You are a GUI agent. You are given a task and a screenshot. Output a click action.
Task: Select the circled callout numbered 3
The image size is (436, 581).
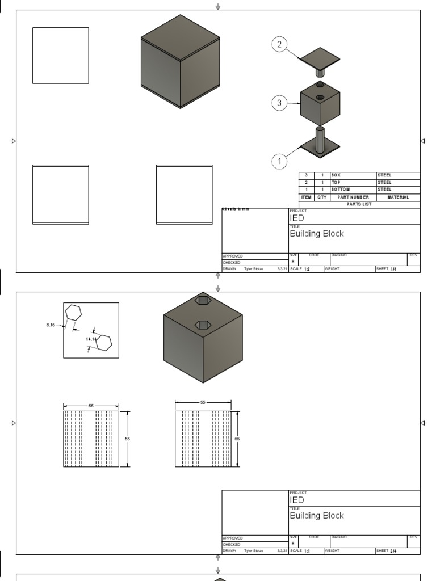(279, 103)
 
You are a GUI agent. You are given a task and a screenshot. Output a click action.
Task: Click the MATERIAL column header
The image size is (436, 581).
(397, 197)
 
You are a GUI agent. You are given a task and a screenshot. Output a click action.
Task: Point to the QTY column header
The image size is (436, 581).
(322, 197)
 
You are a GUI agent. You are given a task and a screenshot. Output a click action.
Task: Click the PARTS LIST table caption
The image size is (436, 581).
(359, 204)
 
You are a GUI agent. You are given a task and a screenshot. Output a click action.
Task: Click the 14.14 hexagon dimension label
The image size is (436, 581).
(90, 339)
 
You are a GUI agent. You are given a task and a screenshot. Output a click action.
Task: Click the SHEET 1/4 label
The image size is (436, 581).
(387, 269)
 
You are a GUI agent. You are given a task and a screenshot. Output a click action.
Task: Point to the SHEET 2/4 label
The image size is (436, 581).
(387, 551)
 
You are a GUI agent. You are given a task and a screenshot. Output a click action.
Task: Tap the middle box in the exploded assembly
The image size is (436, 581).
(320, 103)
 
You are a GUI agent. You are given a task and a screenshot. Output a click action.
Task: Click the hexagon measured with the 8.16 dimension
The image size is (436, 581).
(74, 313)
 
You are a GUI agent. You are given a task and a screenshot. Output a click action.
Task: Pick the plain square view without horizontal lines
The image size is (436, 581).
(61, 56)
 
